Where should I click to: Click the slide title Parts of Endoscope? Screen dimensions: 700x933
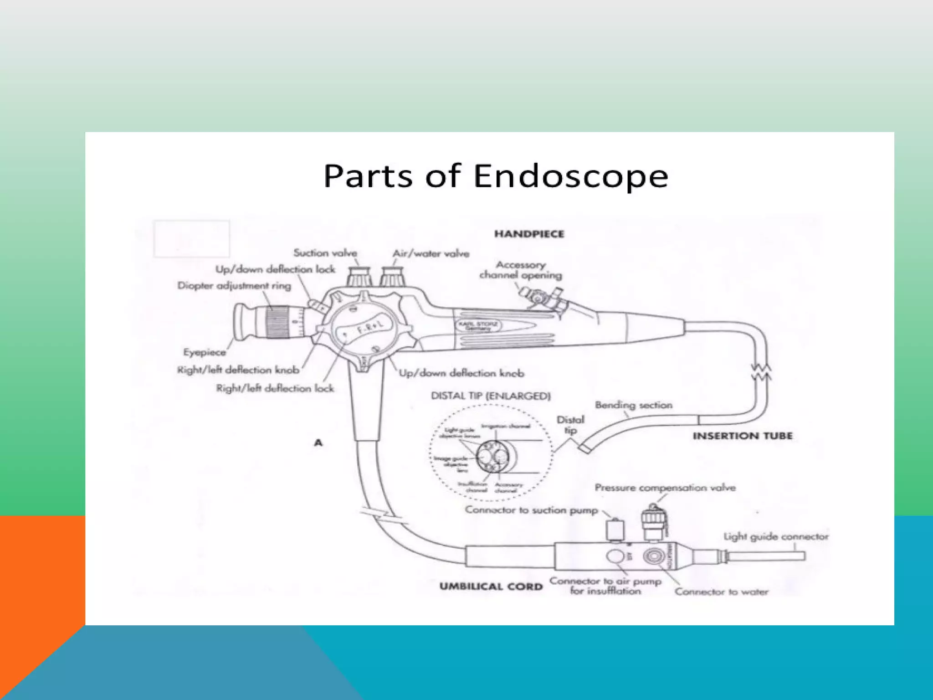coord(496,176)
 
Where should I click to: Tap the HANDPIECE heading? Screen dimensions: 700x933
coord(529,234)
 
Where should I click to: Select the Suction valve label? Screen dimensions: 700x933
coord(325,253)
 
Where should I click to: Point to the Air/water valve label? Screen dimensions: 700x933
coord(431,253)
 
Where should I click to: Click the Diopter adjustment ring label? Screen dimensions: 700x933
coord(234,286)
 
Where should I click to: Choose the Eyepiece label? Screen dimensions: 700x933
coord(205,352)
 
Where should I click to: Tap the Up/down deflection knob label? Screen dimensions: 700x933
coord(461,373)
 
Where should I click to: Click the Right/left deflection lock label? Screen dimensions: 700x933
coord(275,388)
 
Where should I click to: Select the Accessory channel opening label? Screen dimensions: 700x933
coord(521,270)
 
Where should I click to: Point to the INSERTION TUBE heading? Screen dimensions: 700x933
coord(743,436)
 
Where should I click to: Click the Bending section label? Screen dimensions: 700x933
coord(634,405)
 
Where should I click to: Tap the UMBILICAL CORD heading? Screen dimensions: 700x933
coord(491,587)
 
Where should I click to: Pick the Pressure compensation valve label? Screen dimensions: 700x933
coord(665,488)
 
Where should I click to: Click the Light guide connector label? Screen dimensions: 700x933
coord(776,537)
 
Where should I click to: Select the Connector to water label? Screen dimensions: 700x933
coord(722,592)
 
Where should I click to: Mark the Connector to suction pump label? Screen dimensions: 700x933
coord(531,510)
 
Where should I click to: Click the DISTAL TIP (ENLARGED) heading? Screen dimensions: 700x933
coord(491,396)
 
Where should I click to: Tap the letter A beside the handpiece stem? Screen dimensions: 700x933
coord(318,443)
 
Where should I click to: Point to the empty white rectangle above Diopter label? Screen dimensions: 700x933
coord(192,239)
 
